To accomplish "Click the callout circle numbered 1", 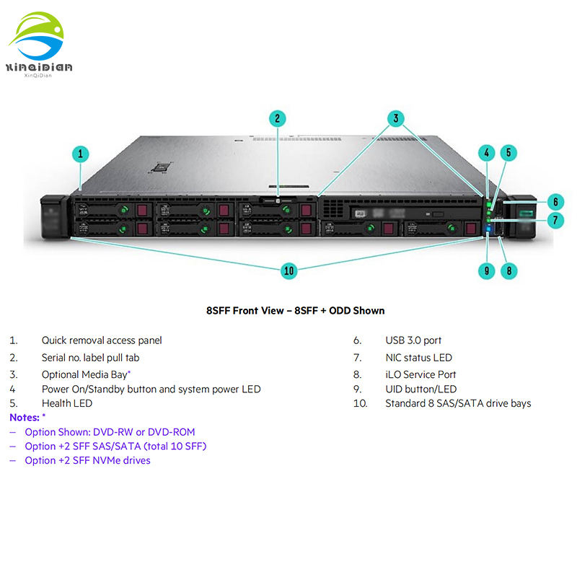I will [x=82, y=153].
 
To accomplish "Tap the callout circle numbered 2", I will [x=278, y=118].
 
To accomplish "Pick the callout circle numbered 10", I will [x=288, y=270].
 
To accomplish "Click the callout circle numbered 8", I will [x=510, y=271].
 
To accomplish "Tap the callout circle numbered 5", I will [x=508, y=152].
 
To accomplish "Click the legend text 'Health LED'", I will [x=67, y=403].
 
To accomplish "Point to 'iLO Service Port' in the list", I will [x=420, y=374].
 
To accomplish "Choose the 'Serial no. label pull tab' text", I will [x=90, y=357].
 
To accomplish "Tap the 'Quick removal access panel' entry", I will [x=102, y=340].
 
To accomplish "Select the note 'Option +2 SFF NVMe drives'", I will [x=87, y=460].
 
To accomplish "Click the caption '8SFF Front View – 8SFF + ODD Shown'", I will [x=296, y=311].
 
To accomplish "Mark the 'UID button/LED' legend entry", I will [x=420, y=389].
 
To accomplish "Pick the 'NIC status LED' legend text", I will [x=418, y=357].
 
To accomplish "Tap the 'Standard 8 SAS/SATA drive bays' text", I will [x=458, y=403].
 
